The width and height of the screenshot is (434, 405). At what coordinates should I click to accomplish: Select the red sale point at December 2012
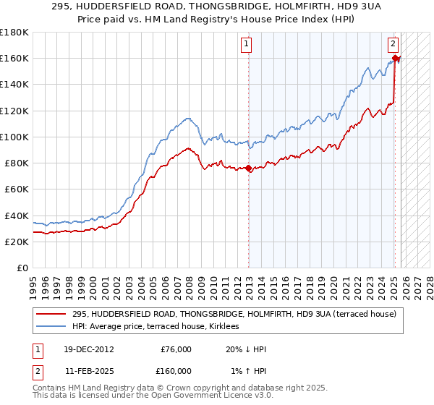point(249,169)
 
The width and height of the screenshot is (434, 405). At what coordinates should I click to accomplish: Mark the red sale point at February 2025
point(395,58)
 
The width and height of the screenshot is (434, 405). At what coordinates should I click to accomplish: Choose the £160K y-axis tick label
point(14,58)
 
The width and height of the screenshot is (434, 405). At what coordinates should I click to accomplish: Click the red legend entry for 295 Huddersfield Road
point(234,314)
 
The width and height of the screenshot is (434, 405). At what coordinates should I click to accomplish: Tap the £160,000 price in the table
point(175,370)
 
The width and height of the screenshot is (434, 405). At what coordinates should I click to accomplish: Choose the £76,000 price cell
point(175,349)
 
